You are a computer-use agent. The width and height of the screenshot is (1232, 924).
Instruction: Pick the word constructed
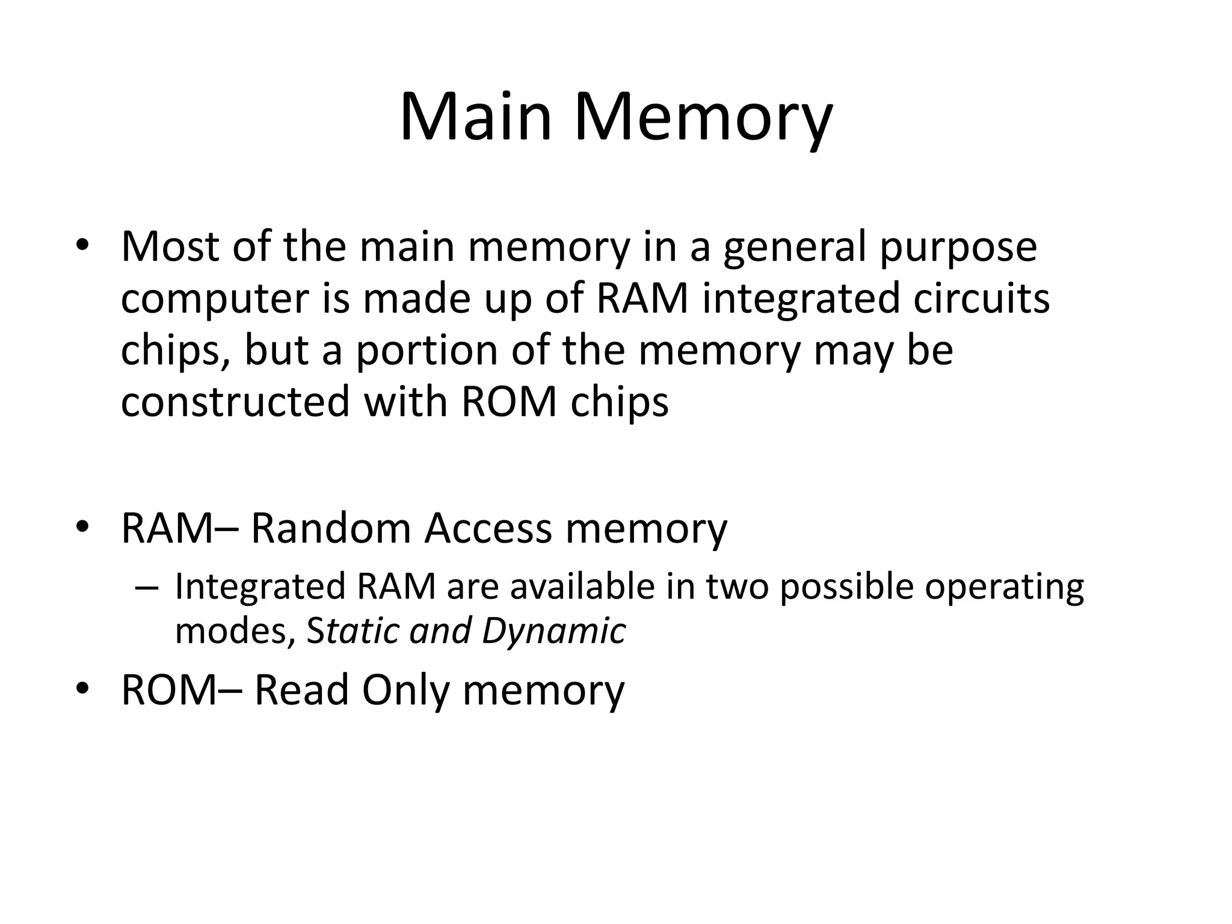[x=235, y=402]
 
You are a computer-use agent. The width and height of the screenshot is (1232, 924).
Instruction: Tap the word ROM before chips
[x=509, y=402]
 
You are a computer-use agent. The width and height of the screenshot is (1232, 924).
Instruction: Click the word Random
[x=330, y=528]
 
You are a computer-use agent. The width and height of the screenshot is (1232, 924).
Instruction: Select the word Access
[x=488, y=528]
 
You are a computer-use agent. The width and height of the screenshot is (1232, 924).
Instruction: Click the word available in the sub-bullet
[x=582, y=587]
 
